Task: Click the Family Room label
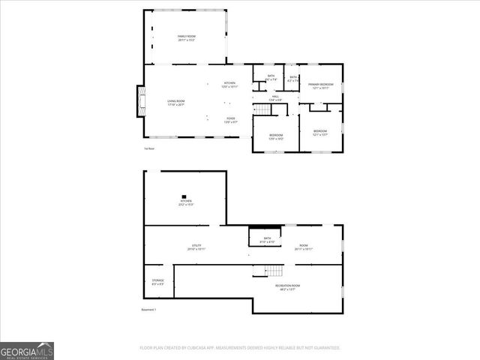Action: (x=186, y=37)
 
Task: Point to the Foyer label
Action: (x=231, y=119)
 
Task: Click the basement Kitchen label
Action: (x=186, y=202)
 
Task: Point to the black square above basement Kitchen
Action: (x=182, y=196)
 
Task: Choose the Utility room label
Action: (x=196, y=247)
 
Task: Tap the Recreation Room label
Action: (x=286, y=286)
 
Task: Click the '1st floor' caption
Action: (x=149, y=148)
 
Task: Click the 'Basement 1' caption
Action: (x=148, y=309)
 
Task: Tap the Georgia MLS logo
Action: (x=27, y=351)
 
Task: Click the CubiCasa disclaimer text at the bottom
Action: (x=240, y=348)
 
